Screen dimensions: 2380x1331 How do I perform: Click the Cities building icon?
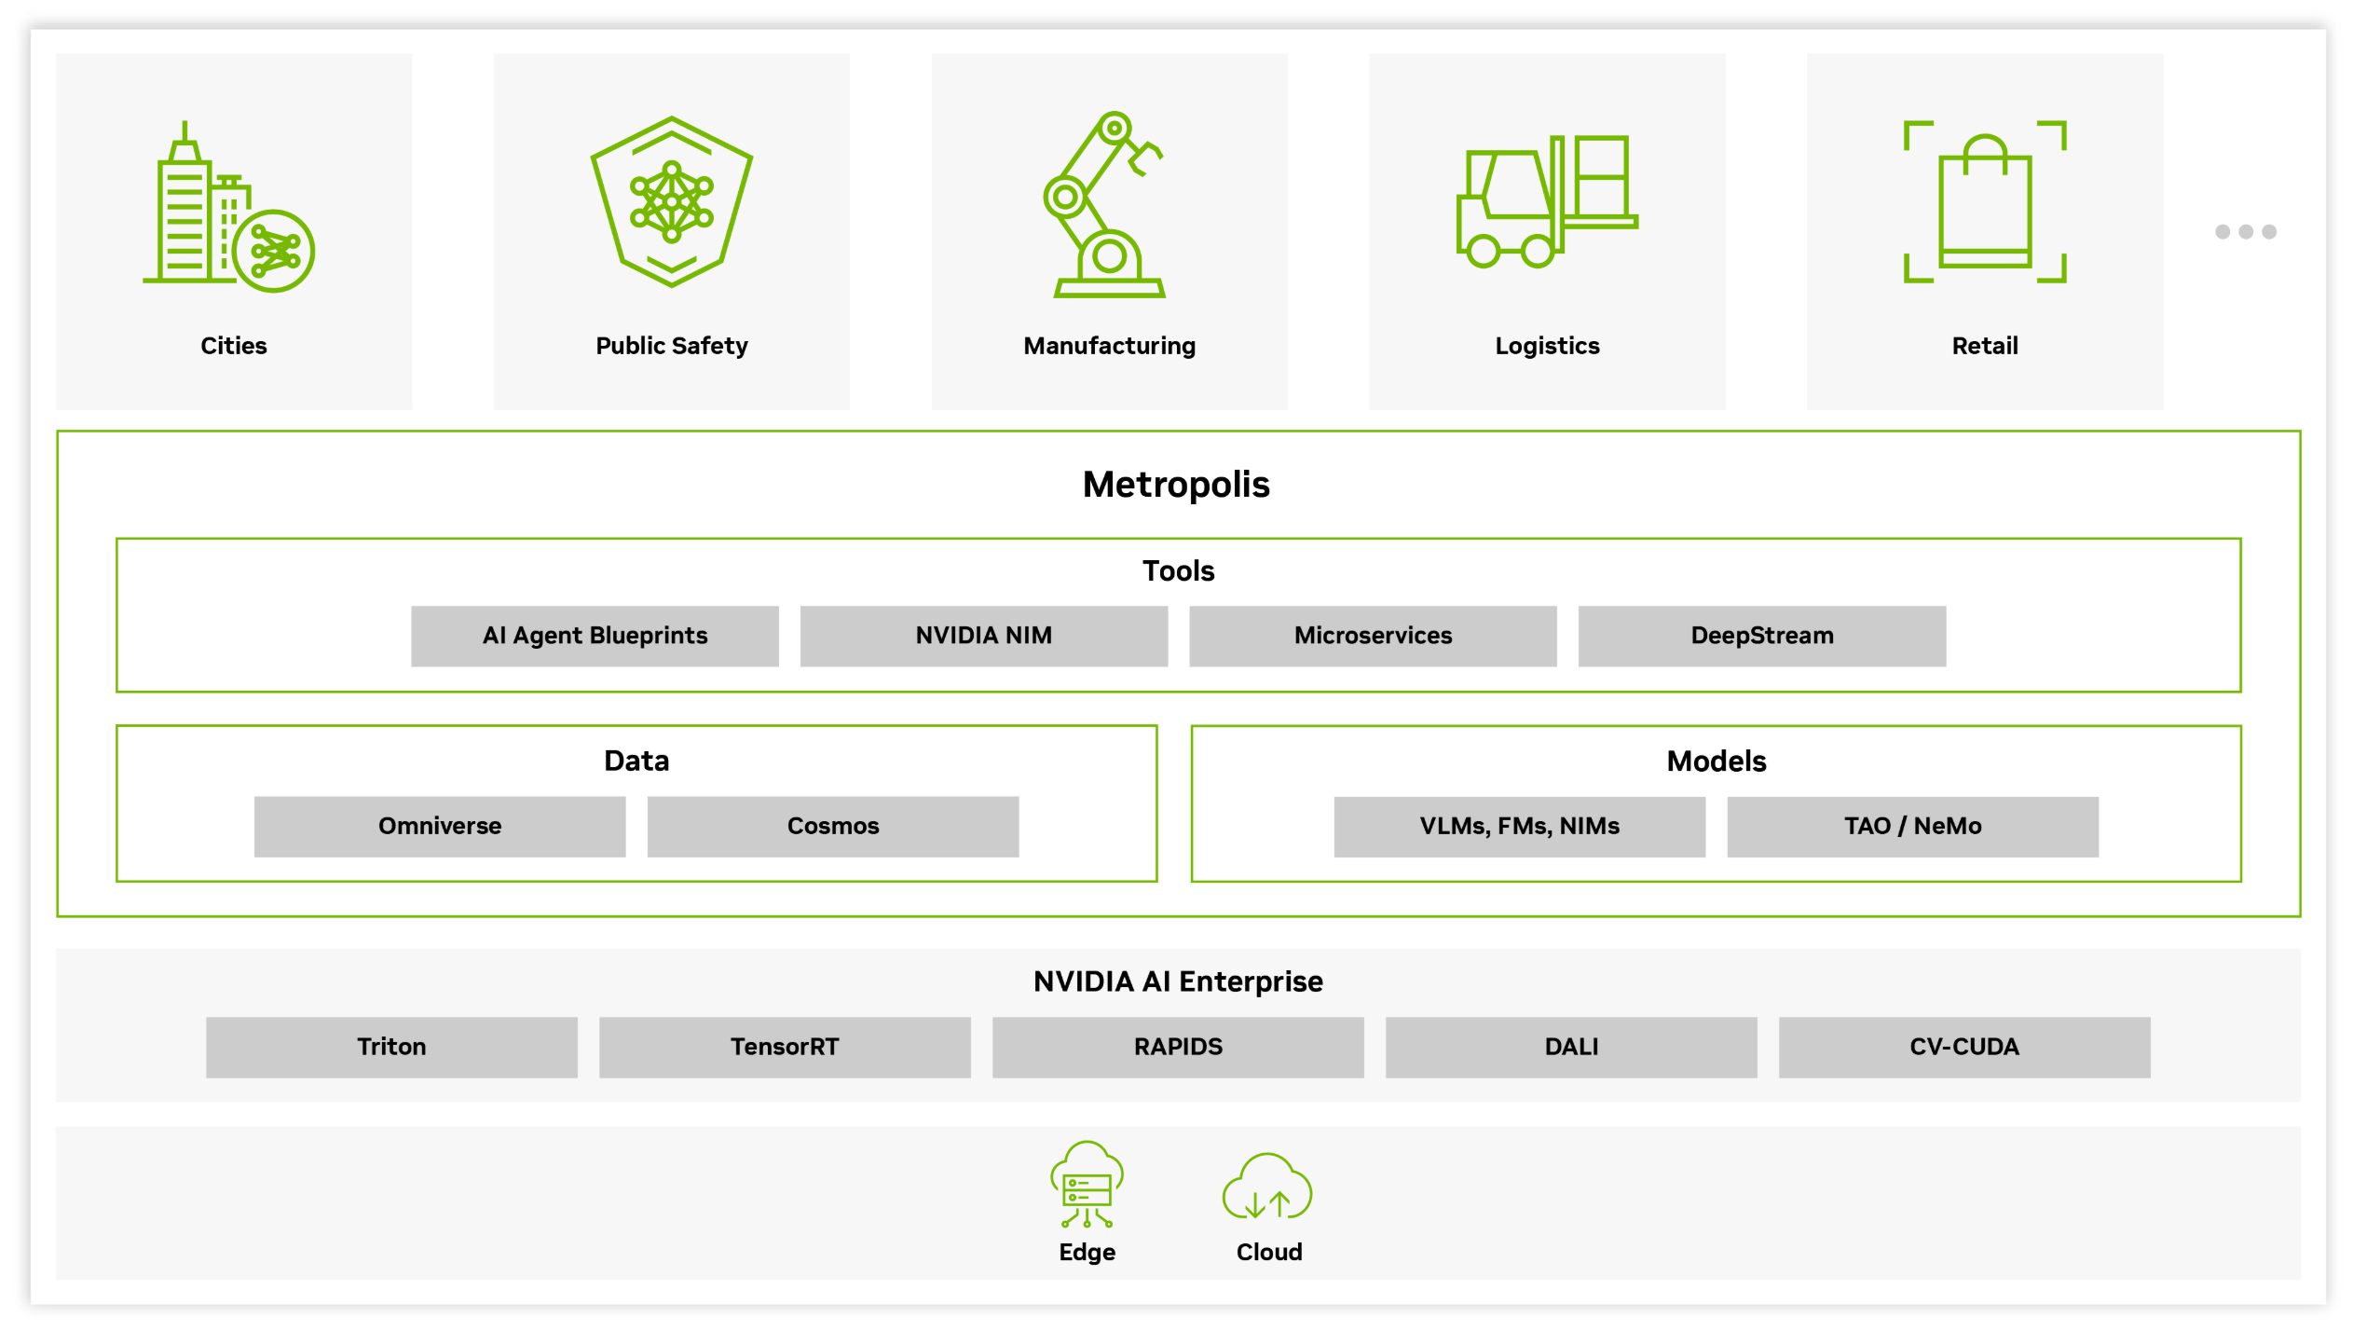pyautogui.click(x=228, y=207)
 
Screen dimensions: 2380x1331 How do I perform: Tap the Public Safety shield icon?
pyautogui.click(x=672, y=201)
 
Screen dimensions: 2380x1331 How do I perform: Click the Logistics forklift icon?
pyautogui.click(x=1547, y=200)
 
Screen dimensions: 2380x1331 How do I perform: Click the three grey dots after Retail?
pyautogui.click(x=2246, y=231)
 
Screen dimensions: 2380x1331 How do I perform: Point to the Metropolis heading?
pyautogui.click(x=1176, y=485)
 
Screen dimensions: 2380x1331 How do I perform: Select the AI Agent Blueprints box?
pyautogui.click(x=595, y=636)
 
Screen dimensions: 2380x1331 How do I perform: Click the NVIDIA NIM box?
pyautogui.click(x=983, y=636)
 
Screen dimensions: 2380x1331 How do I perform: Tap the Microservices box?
pyautogui.click(x=1373, y=636)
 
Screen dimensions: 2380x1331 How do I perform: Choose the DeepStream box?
pyautogui.click(x=1762, y=636)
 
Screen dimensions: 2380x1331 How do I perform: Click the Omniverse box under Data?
pyautogui.click(x=440, y=826)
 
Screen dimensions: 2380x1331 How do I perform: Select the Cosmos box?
pyautogui.click(x=833, y=826)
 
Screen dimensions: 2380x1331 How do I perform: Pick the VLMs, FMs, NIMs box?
pyautogui.click(x=1520, y=826)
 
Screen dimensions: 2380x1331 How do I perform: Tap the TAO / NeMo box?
pyautogui.click(x=1913, y=826)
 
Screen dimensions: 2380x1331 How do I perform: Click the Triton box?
pyautogui.click(x=391, y=1047)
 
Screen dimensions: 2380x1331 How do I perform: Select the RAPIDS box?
pyautogui.click(x=1178, y=1047)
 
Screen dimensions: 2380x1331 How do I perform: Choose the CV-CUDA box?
pyautogui.click(x=1964, y=1047)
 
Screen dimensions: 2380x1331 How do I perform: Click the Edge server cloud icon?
pyautogui.click(x=1087, y=1185)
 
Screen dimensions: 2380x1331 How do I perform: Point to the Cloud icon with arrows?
pyautogui.click(x=1267, y=1187)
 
